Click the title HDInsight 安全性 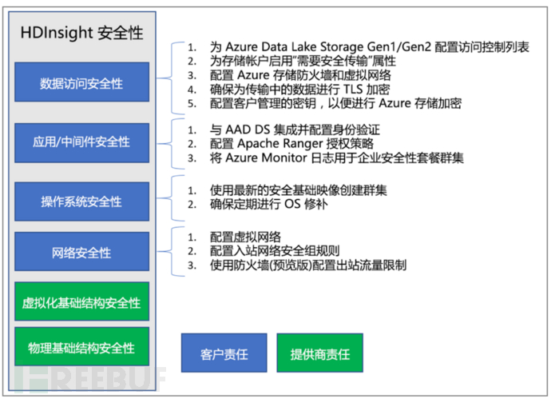point(81,33)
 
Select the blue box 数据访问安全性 point(82,82)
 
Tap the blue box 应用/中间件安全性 point(82,142)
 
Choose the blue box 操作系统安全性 point(82,201)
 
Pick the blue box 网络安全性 point(82,251)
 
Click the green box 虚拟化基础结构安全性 point(82,301)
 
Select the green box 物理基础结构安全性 point(82,346)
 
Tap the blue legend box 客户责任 point(224,353)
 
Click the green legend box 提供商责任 point(319,353)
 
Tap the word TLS point(353,90)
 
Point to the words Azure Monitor point(267,158)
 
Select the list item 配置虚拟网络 point(246,237)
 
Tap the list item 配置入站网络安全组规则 point(275,251)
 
